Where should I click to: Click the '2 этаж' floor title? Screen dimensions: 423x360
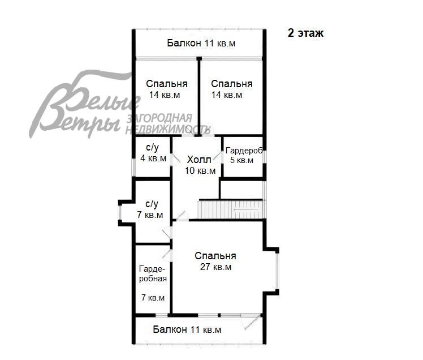pos(305,33)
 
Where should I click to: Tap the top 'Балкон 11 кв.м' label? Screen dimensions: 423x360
pos(201,43)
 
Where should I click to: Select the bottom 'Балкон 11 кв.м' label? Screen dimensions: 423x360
pos(187,329)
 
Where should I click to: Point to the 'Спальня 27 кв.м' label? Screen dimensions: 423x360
pos(215,261)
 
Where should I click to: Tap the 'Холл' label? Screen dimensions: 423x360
pos(199,160)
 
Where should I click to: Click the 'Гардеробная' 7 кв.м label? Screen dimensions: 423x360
pos(153,273)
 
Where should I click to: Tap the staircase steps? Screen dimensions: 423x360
pos(231,209)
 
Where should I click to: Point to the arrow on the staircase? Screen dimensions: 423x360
pos(247,209)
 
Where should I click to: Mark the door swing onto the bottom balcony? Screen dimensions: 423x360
pos(252,322)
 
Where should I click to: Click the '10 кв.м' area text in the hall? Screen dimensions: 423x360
pos(200,171)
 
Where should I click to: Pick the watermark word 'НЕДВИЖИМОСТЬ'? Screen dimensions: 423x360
pos(168,130)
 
